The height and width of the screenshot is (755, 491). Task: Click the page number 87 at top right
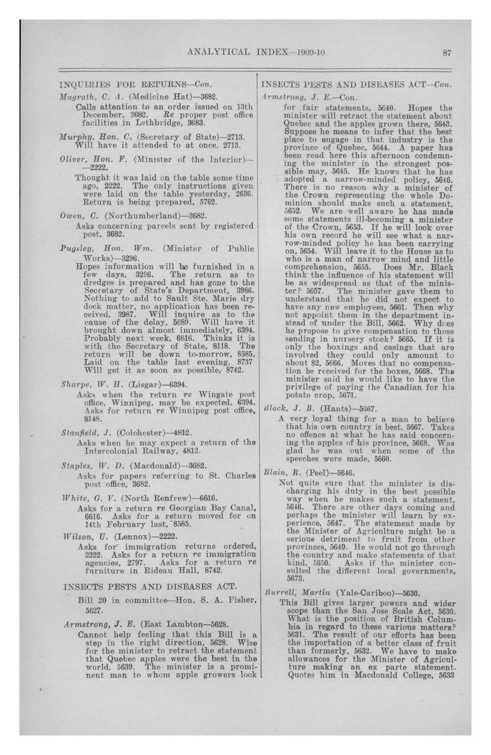447,53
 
